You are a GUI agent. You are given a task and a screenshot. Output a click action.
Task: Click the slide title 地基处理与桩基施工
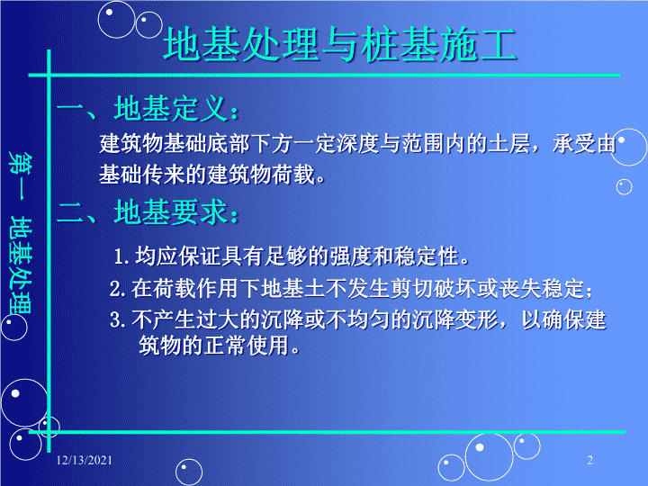339,45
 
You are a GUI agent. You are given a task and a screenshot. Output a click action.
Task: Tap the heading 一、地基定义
148,109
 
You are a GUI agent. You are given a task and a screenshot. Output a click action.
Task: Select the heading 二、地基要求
148,212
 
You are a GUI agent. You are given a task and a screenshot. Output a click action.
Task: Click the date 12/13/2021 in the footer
85,460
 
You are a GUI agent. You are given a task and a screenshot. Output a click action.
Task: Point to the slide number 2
590,460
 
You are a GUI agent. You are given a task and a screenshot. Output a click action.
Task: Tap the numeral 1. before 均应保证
121,256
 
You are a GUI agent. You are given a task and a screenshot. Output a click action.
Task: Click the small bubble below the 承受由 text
624,187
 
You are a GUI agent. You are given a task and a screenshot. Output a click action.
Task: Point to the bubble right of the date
189,472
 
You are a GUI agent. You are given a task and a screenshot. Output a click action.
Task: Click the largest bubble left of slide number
489,457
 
